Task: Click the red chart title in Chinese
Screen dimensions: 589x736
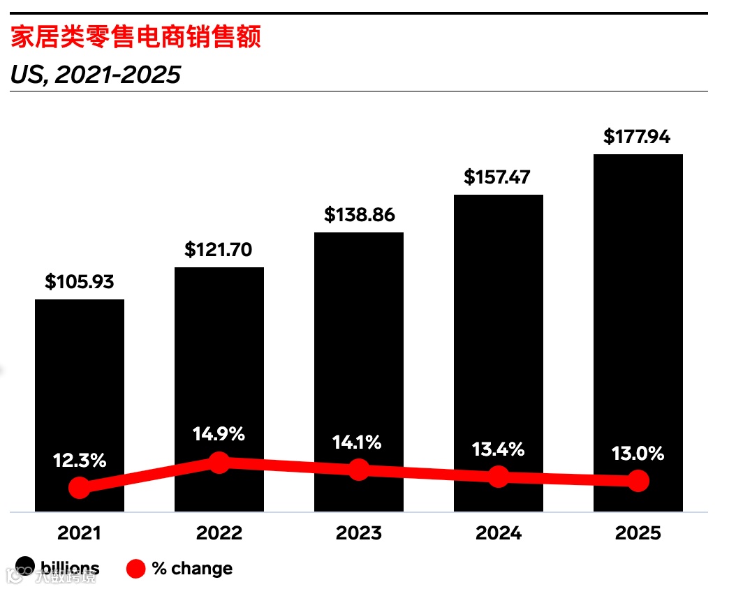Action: pyautogui.click(x=135, y=38)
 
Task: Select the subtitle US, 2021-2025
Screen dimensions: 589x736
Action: pyautogui.click(x=96, y=74)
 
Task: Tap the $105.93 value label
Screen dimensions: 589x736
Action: pyautogui.click(x=80, y=282)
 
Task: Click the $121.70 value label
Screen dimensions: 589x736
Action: pyautogui.click(x=219, y=249)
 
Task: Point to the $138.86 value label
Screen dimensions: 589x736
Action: pyautogui.click(x=359, y=214)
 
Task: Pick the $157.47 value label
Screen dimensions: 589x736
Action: pyautogui.click(x=498, y=177)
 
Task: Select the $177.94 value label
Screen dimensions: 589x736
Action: pyautogui.click(x=637, y=136)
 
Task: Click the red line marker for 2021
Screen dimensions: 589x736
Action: pyautogui.click(x=80, y=488)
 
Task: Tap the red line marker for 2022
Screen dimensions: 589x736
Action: pyautogui.click(x=219, y=462)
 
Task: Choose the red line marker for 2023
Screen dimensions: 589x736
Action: pyautogui.click(x=359, y=470)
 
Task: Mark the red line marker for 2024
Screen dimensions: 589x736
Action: pyautogui.click(x=498, y=477)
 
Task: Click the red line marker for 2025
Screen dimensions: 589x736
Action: pyautogui.click(x=638, y=481)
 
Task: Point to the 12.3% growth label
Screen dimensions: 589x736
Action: pyautogui.click(x=80, y=461)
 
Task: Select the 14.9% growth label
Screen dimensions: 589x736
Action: pyautogui.click(x=219, y=434)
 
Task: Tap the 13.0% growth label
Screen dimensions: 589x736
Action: pyautogui.click(x=638, y=454)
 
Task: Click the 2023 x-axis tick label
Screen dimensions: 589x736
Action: pyautogui.click(x=359, y=533)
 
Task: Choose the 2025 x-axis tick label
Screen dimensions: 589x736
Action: pyautogui.click(x=638, y=533)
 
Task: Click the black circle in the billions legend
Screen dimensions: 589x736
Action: pyautogui.click(x=25, y=568)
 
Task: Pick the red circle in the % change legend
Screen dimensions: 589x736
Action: pyautogui.click(x=135, y=569)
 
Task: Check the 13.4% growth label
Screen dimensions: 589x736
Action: pyautogui.click(x=498, y=449)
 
